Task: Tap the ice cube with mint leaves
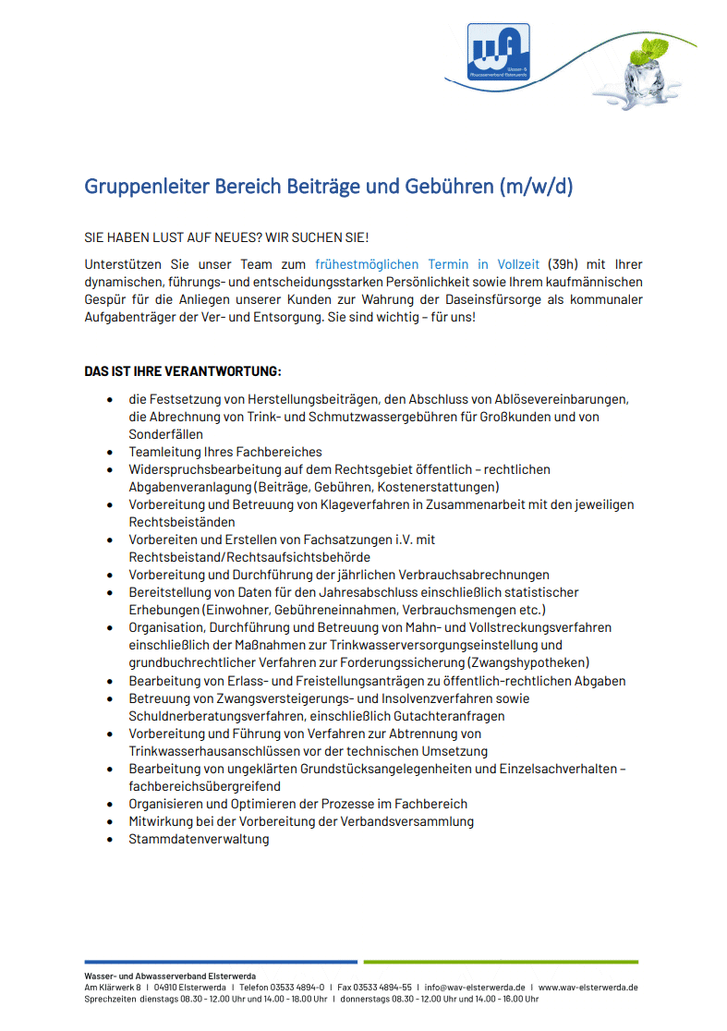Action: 651,71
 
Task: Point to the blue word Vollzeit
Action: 519,264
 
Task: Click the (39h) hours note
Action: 563,264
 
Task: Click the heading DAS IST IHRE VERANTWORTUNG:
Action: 183,372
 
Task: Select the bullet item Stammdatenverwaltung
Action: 199,839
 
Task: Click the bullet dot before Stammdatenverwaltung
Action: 110,839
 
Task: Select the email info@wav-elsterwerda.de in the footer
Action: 475,987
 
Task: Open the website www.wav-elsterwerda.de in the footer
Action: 588,987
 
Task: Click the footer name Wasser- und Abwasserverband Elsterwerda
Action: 170,976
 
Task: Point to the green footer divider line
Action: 500,962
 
